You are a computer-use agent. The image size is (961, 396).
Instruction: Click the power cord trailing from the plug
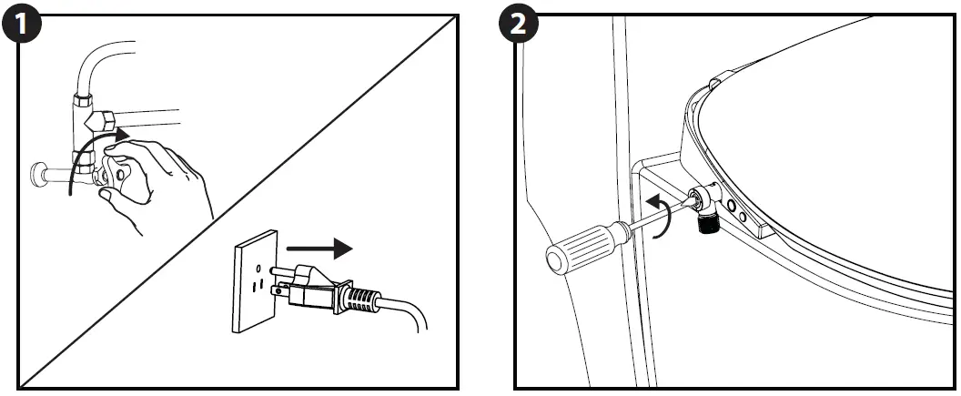click(410, 314)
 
